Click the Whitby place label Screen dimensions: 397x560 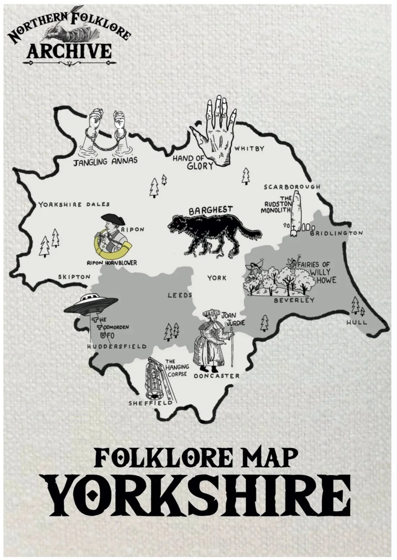tap(249, 149)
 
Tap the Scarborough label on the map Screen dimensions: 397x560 tap(292, 187)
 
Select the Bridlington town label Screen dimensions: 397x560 tap(336, 233)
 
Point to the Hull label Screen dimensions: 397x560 tap(356, 322)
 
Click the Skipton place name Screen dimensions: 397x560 tap(74, 277)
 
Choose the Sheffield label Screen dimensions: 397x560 tap(151, 403)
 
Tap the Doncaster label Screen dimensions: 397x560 tap(217, 376)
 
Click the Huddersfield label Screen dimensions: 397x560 tap(117, 346)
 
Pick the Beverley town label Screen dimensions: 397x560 tap(294, 300)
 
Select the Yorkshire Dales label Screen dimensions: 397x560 tap(74, 205)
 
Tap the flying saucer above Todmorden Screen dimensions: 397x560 tap(91, 303)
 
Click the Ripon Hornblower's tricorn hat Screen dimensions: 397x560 tap(112, 218)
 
